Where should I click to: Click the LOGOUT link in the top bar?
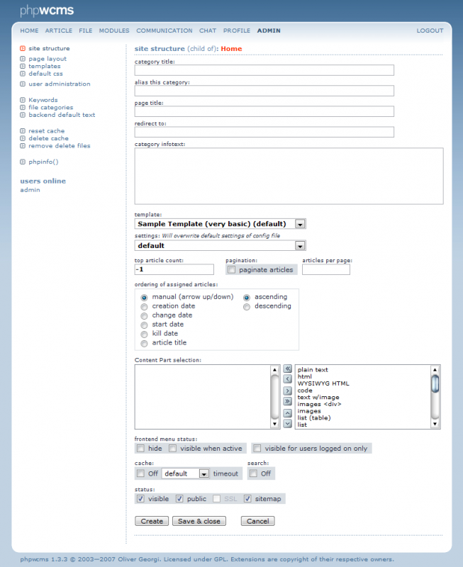click(x=430, y=31)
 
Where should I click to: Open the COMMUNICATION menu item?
click(x=164, y=31)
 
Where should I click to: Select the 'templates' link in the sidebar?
click(x=45, y=67)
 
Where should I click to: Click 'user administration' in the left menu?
click(x=60, y=84)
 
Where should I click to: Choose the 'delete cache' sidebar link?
click(x=48, y=139)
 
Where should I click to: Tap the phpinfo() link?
click(x=43, y=162)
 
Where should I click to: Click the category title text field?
click(x=264, y=70)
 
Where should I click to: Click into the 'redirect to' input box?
click(x=264, y=132)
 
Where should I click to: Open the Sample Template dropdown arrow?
click(x=300, y=224)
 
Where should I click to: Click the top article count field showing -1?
click(x=174, y=269)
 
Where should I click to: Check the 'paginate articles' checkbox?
click(x=231, y=270)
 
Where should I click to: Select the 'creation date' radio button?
click(x=145, y=306)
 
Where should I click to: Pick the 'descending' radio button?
click(x=247, y=307)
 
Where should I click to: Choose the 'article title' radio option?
click(x=145, y=343)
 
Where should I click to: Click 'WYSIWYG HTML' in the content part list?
click(x=318, y=383)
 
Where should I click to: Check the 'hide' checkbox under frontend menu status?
click(x=140, y=449)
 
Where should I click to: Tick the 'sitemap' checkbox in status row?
click(x=247, y=499)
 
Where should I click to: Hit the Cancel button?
click(x=257, y=521)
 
